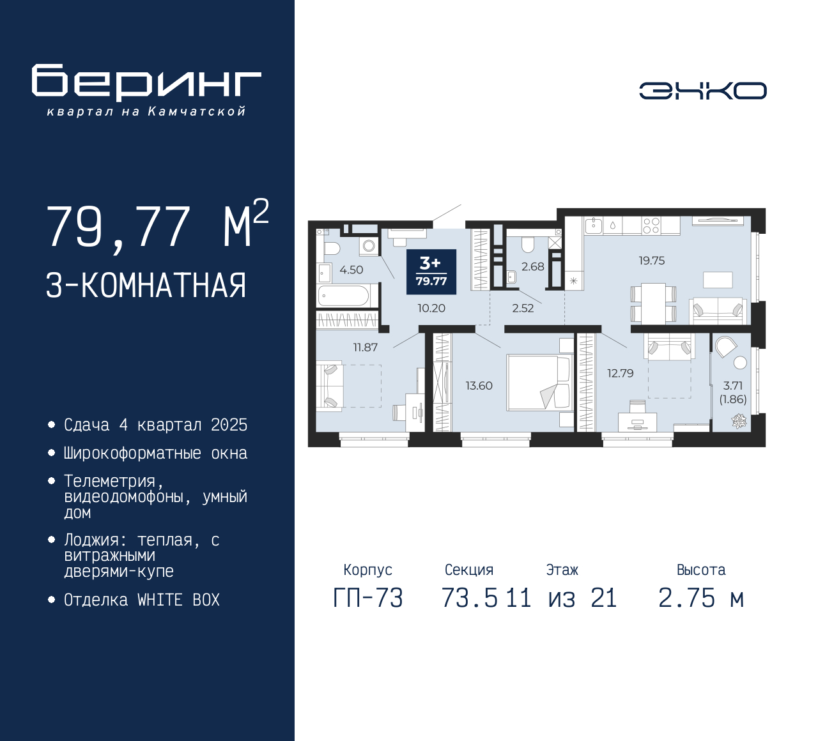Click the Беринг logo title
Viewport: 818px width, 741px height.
(x=146, y=82)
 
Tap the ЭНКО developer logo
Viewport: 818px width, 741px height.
(x=702, y=91)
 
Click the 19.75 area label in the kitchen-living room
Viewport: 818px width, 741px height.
(x=652, y=261)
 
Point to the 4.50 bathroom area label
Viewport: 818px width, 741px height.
(x=351, y=270)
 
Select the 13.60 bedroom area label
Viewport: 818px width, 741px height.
(x=479, y=386)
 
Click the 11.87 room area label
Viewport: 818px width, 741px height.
(x=366, y=348)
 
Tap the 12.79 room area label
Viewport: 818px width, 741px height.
(x=621, y=373)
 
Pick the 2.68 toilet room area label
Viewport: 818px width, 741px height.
(x=532, y=266)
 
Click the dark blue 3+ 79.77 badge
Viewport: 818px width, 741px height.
(x=431, y=271)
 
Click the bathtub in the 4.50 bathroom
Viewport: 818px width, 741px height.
(x=343, y=295)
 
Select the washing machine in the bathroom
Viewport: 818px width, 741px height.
(x=369, y=246)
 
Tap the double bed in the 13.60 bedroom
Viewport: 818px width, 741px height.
(x=538, y=383)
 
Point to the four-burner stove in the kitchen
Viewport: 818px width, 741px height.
(x=651, y=225)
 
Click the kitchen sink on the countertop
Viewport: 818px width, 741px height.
(x=594, y=225)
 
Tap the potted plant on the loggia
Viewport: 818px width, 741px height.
(x=739, y=420)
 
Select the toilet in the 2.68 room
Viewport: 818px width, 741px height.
(x=528, y=245)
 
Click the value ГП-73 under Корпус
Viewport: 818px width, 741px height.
(x=368, y=599)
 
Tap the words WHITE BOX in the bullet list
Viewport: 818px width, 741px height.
(x=178, y=600)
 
